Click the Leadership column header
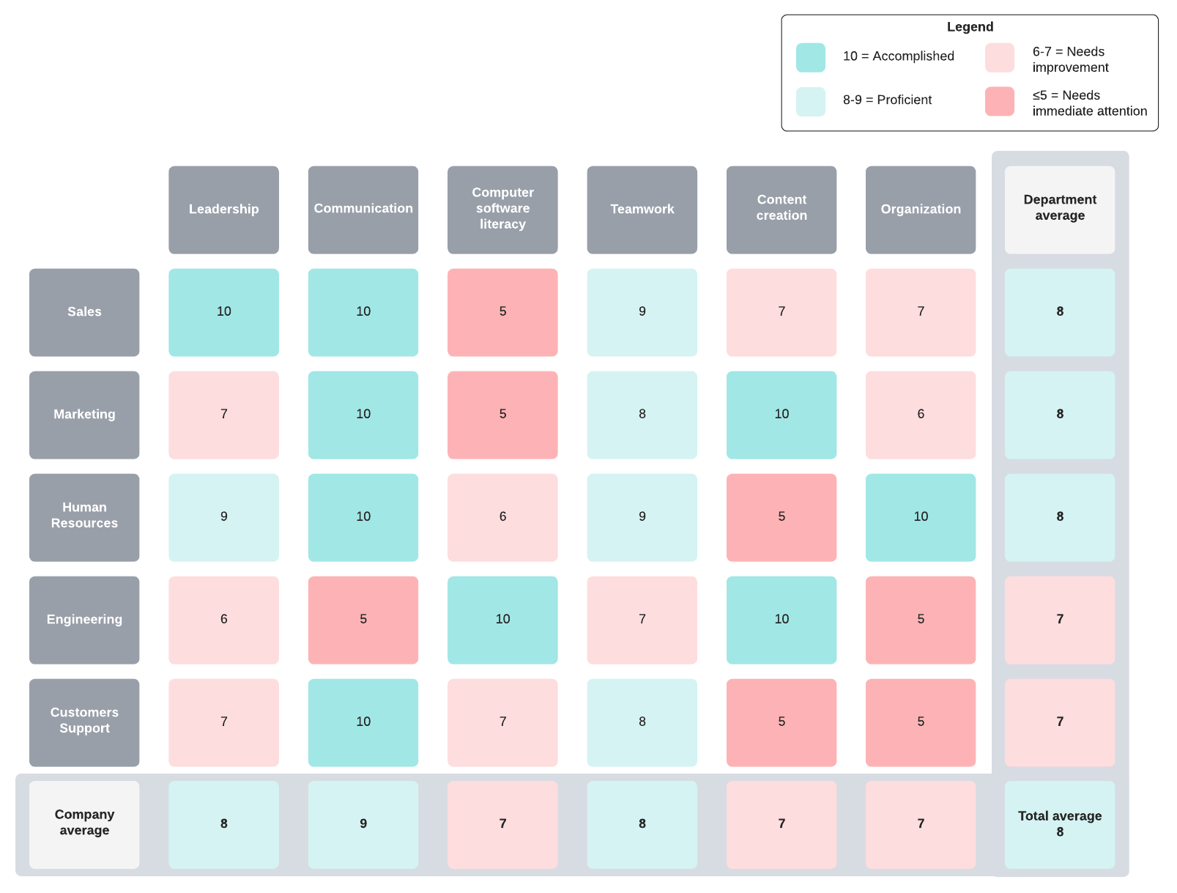[x=223, y=210]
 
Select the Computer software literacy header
[x=502, y=210]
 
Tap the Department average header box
[x=1059, y=210]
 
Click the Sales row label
[x=84, y=312]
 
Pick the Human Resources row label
[x=84, y=517]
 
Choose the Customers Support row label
[x=84, y=722]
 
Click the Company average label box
[x=84, y=824]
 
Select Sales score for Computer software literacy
[x=502, y=312]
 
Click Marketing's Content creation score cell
[x=781, y=415]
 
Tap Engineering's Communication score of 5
[x=363, y=620]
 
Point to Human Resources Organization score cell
[x=921, y=517]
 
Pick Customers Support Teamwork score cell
[x=642, y=722]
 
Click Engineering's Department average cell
[x=1059, y=620]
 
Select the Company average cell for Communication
[x=363, y=824]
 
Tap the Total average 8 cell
[x=1059, y=824]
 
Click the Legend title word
[x=970, y=27]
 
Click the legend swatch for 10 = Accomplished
[x=811, y=58]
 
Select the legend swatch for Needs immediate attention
[x=999, y=102]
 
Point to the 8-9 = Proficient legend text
[x=887, y=100]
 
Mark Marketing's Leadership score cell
[x=223, y=415]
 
